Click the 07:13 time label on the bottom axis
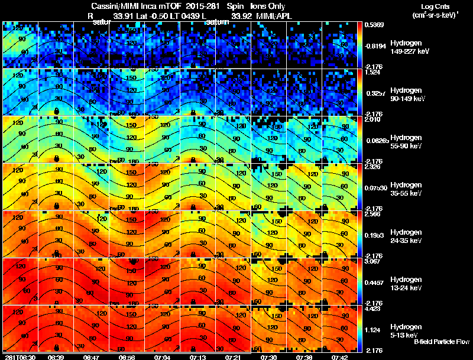point(197,357)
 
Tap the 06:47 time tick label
point(91,357)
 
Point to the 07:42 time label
point(339,357)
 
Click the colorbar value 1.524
point(375,72)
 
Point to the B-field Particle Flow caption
point(441,342)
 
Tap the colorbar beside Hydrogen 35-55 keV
point(361,187)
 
